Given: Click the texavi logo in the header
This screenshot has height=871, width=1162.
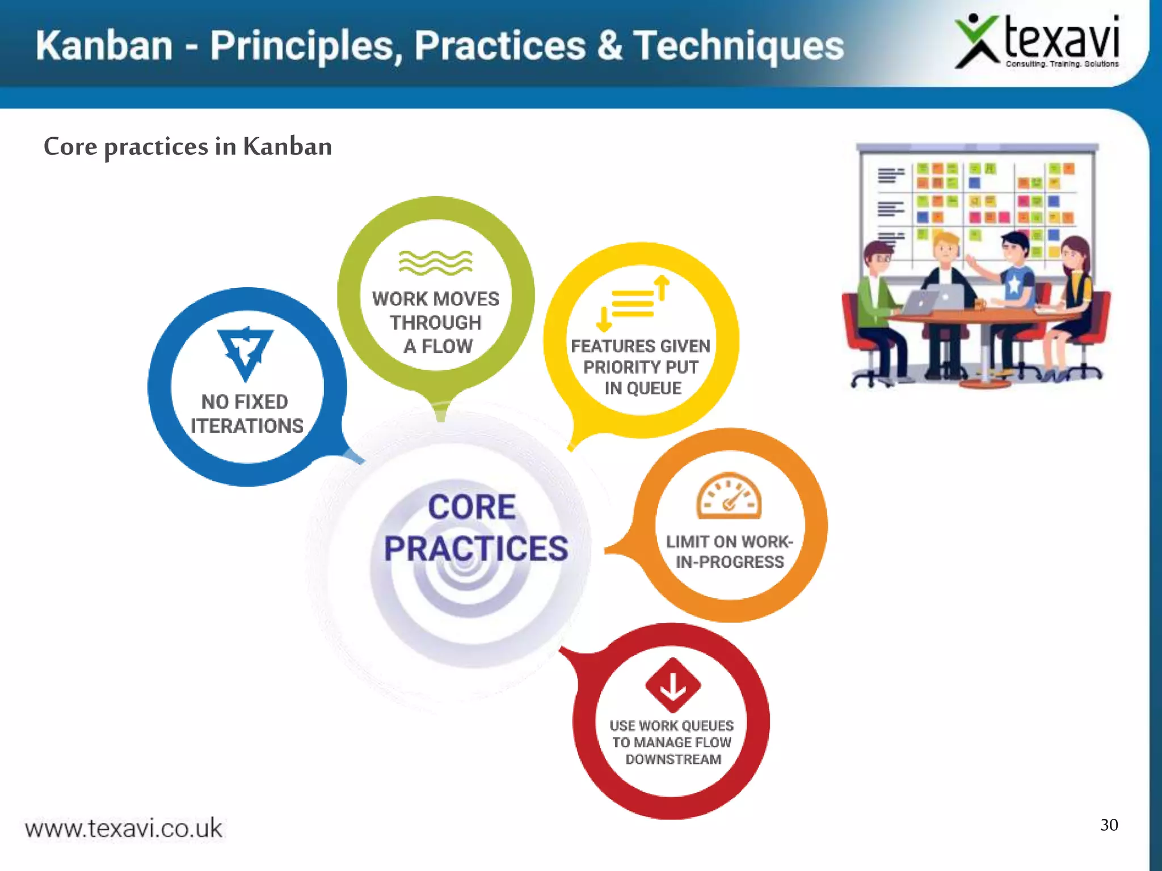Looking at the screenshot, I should pyautogui.click(x=1037, y=43).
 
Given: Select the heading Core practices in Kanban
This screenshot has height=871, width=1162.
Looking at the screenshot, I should pyautogui.click(x=188, y=147).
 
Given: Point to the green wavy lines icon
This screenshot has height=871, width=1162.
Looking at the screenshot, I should pyautogui.click(x=435, y=263).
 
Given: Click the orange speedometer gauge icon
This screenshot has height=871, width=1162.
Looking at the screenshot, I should pyautogui.click(x=729, y=496).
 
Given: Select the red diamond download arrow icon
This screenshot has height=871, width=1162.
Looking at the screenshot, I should pyautogui.click(x=673, y=685).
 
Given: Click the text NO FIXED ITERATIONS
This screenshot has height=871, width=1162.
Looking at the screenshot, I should pyautogui.click(x=246, y=414).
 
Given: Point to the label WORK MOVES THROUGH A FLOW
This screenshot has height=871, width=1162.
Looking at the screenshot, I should pyautogui.click(x=436, y=322).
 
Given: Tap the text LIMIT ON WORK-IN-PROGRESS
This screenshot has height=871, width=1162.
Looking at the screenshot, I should pyautogui.click(x=730, y=552).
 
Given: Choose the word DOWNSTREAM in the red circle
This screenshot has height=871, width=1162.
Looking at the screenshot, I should pyautogui.click(x=673, y=759).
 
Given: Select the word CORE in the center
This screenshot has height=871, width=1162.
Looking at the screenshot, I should pyautogui.click(x=472, y=506).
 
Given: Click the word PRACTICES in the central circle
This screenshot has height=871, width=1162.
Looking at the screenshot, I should pyautogui.click(x=476, y=549).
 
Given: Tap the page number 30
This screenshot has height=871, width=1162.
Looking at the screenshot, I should pyautogui.click(x=1109, y=825).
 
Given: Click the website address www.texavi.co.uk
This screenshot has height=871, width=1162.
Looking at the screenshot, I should pyautogui.click(x=124, y=828).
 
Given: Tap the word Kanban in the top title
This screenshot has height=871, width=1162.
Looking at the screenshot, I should pyautogui.click(x=104, y=46).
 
